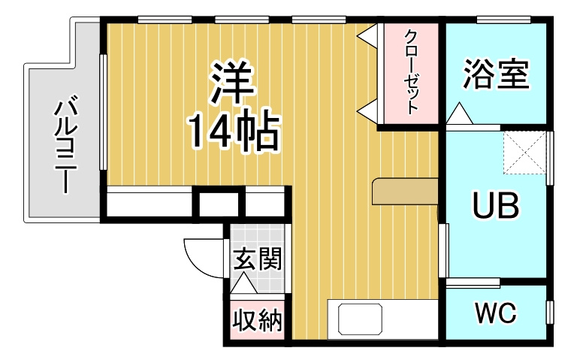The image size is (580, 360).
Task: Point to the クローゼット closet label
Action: pyautogui.click(x=411, y=71)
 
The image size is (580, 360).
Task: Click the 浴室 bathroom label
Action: pyautogui.click(x=496, y=74)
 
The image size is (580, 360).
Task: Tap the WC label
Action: pyautogui.click(x=495, y=313)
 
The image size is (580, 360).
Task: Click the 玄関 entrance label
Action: pyautogui.click(x=256, y=259)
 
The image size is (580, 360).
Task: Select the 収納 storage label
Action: pyautogui.click(x=256, y=321)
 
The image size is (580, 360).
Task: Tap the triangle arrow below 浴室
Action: pyautogui.click(x=460, y=116)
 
